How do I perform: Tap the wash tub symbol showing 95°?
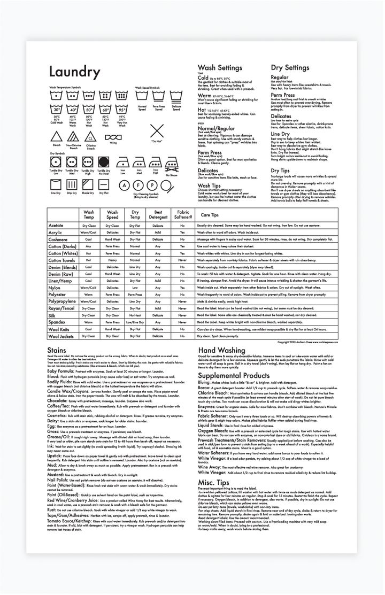coord(122,110)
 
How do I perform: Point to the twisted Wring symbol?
coord(113,137)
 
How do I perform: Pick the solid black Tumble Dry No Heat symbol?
coord(104,161)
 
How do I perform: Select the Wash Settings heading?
coord(220,68)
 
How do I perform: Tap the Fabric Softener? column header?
coord(183,215)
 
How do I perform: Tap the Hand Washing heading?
coord(221,350)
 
